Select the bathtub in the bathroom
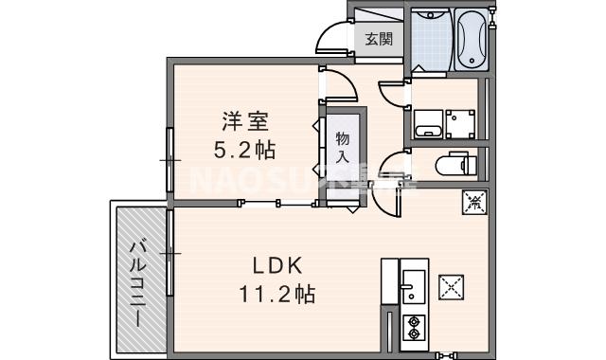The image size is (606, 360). (x=470, y=40)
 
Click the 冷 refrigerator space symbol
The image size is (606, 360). (x=473, y=202)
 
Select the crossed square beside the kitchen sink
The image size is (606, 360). (x=453, y=284)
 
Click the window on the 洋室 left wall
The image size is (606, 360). (x=170, y=161)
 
